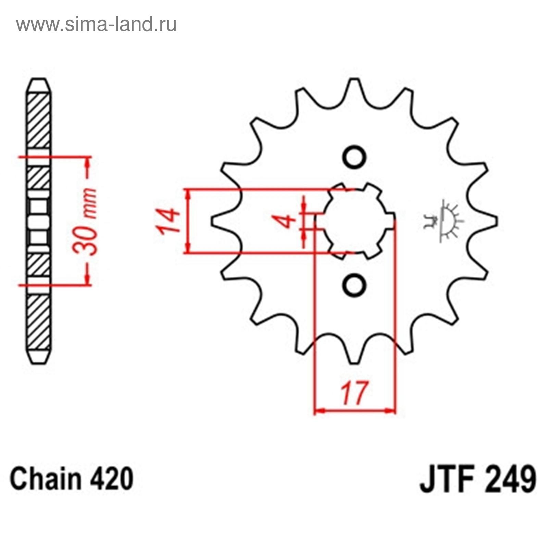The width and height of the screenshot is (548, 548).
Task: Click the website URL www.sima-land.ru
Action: [x=96, y=24]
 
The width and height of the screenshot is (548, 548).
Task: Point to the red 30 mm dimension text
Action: [x=85, y=221]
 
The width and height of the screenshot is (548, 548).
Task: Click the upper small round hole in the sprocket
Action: [x=354, y=157]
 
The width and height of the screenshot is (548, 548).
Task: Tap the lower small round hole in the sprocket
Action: [x=354, y=285]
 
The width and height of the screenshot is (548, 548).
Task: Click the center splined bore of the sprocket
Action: [x=355, y=221]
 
